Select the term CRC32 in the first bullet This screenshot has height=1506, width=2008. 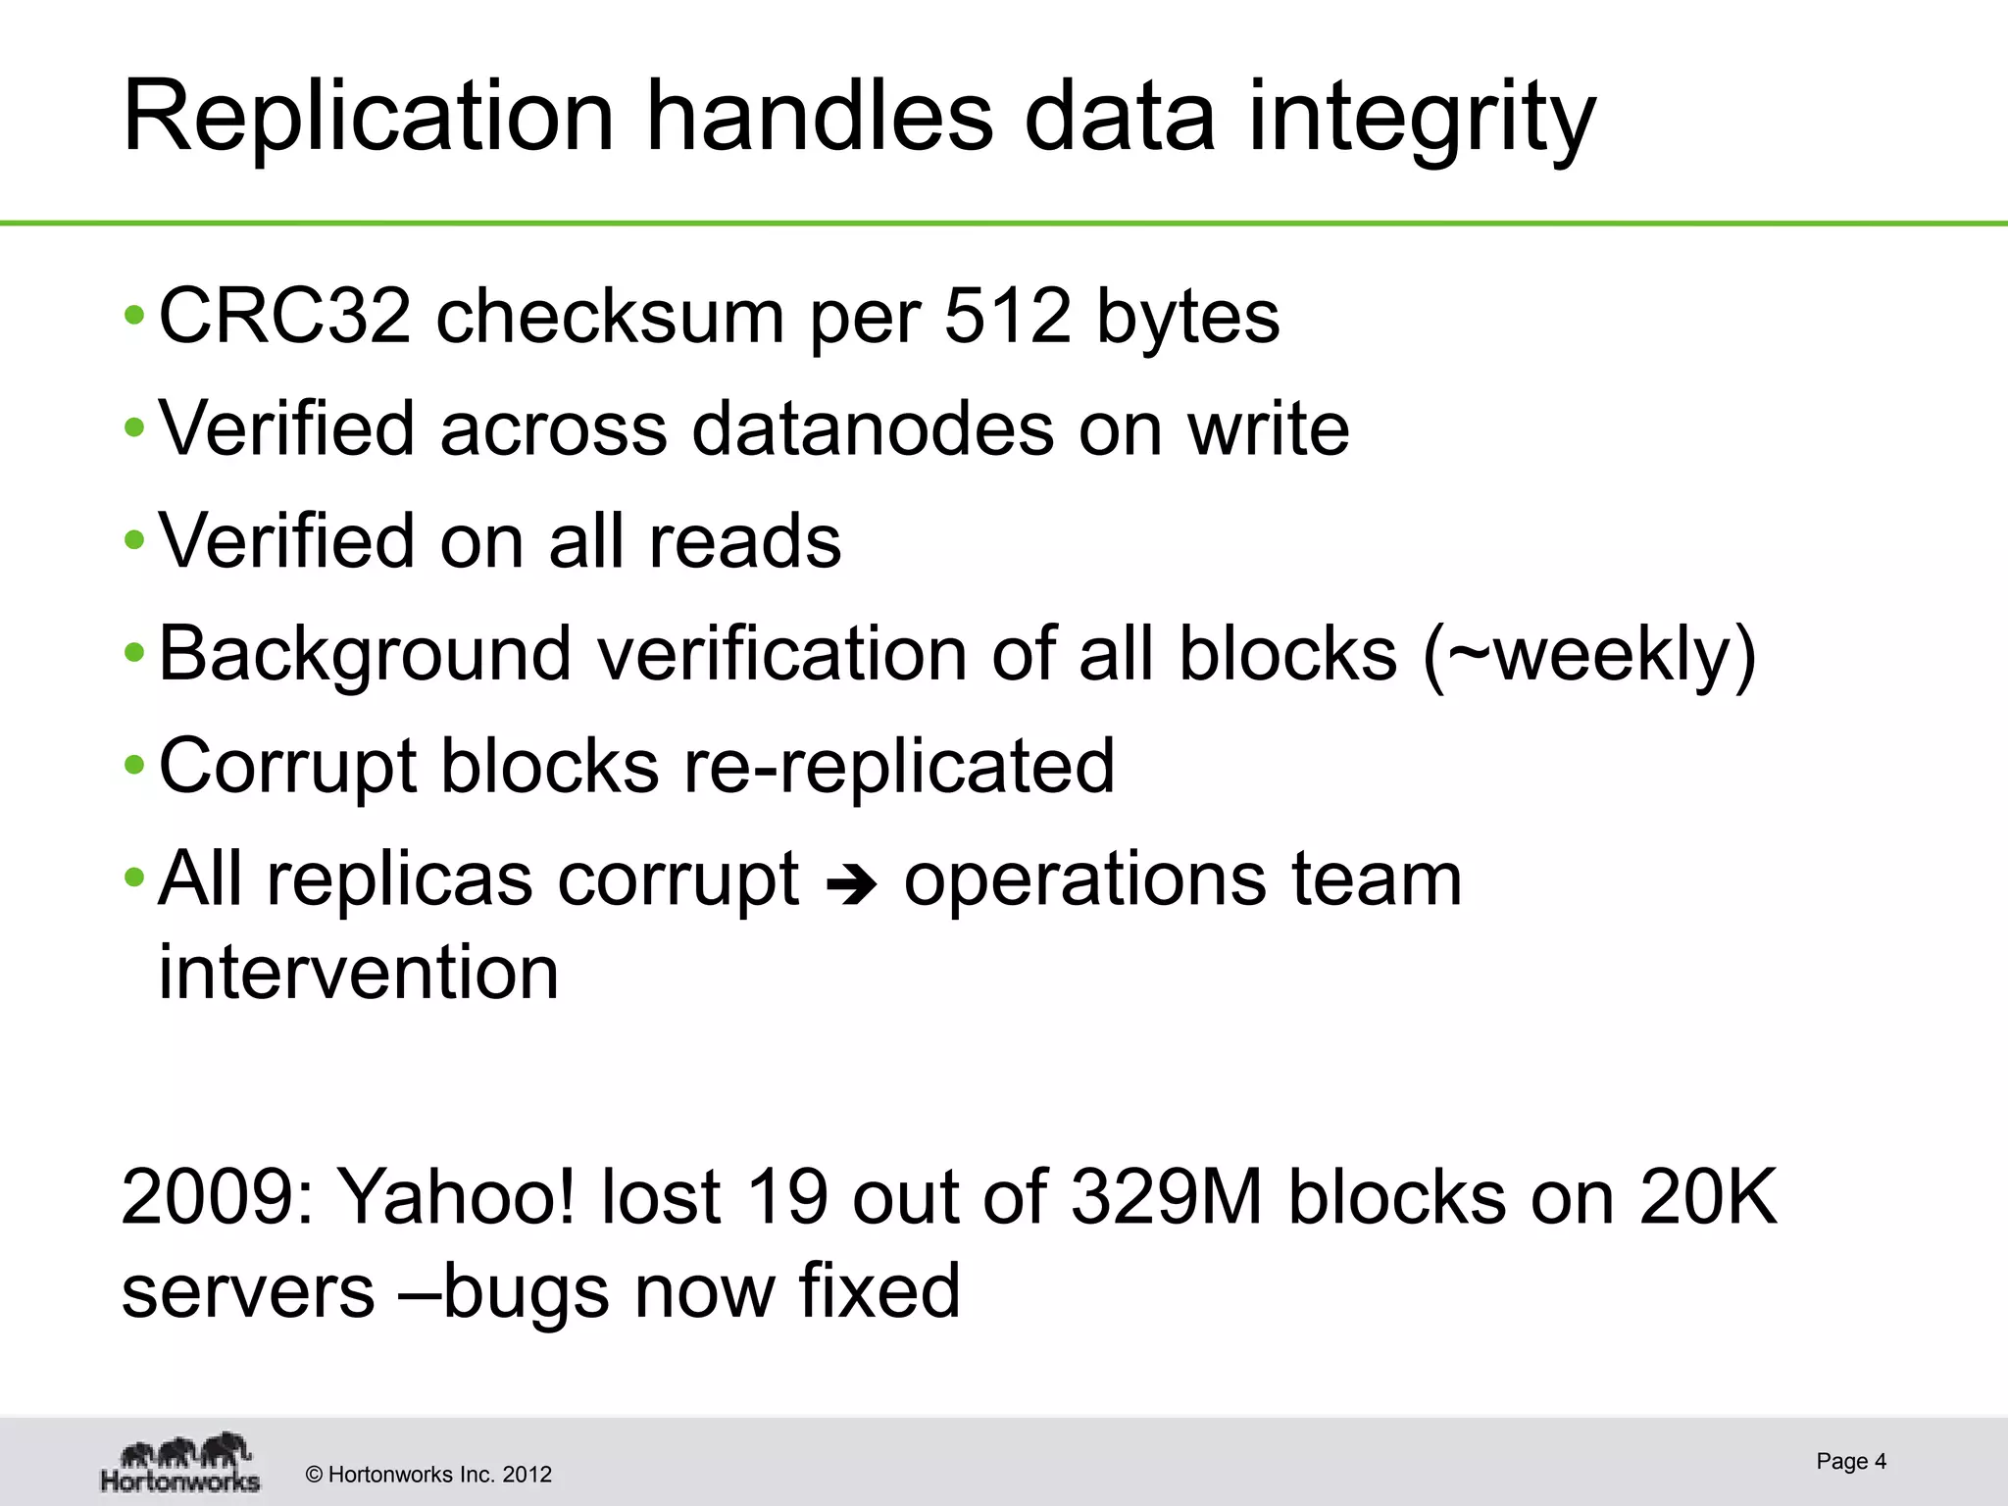(x=284, y=317)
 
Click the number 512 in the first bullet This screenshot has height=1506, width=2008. (x=1008, y=317)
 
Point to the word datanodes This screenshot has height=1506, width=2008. (x=873, y=428)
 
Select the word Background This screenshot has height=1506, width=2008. (x=365, y=654)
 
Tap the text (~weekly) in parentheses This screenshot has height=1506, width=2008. (x=1588, y=654)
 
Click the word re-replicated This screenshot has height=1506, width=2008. (x=898, y=766)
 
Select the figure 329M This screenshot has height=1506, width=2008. (x=1167, y=1197)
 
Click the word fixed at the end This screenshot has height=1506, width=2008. (x=878, y=1290)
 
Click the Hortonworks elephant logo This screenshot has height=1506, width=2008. (x=181, y=1462)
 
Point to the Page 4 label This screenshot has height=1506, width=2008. (x=1850, y=1461)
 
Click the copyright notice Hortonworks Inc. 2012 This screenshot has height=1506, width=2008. (x=428, y=1475)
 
